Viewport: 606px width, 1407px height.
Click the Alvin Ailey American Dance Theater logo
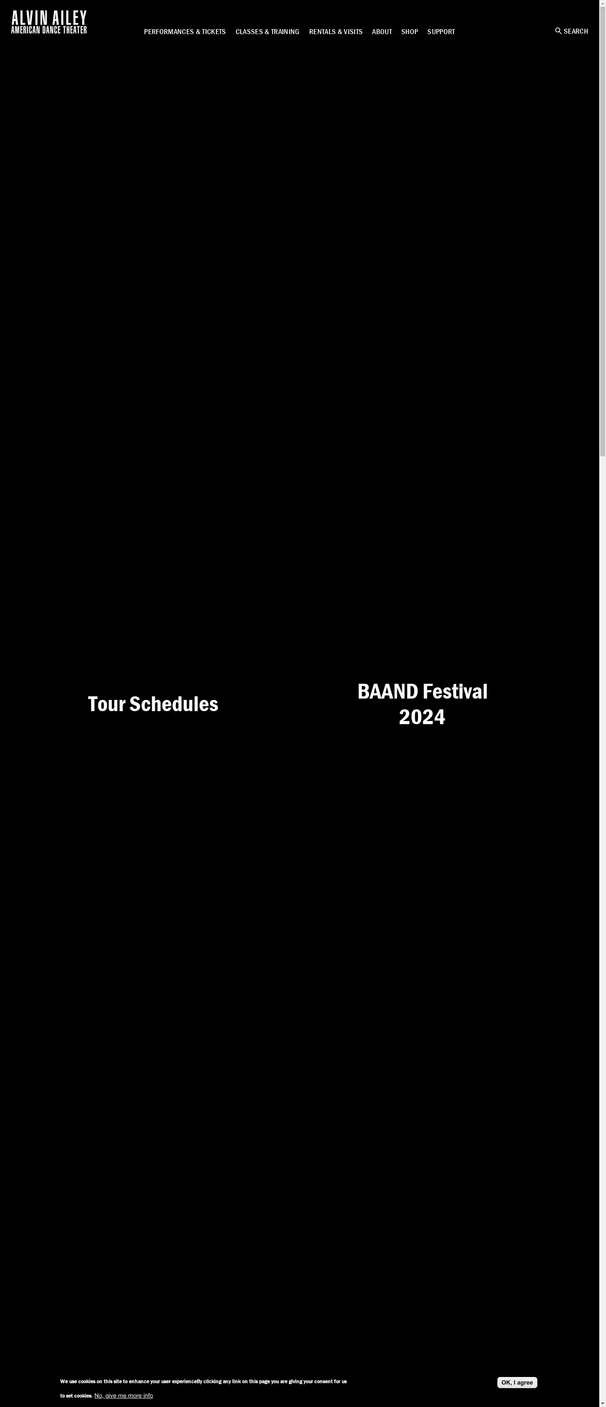[48, 22]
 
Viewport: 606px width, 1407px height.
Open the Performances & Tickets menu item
[184, 32]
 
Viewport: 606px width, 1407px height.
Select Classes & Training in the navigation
[267, 32]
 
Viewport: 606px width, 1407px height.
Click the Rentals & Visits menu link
[335, 32]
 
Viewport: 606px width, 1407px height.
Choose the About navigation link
[382, 32]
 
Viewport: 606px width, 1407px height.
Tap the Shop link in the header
[409, 32]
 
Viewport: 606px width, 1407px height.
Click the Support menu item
[441, 32]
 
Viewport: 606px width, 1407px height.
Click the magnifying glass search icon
[558, 31]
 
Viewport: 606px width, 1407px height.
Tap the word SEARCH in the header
[576, 31]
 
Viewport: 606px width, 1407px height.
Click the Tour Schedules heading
[153, 704]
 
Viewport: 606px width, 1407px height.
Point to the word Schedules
[174, 704]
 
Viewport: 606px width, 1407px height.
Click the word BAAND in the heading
[388, 691]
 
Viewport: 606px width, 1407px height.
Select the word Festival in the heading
[455, 691]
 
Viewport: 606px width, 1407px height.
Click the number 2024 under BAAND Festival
[422, 717]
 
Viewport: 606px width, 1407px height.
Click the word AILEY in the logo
[69, 18]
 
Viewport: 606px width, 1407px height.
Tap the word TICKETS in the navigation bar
[214, 32]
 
